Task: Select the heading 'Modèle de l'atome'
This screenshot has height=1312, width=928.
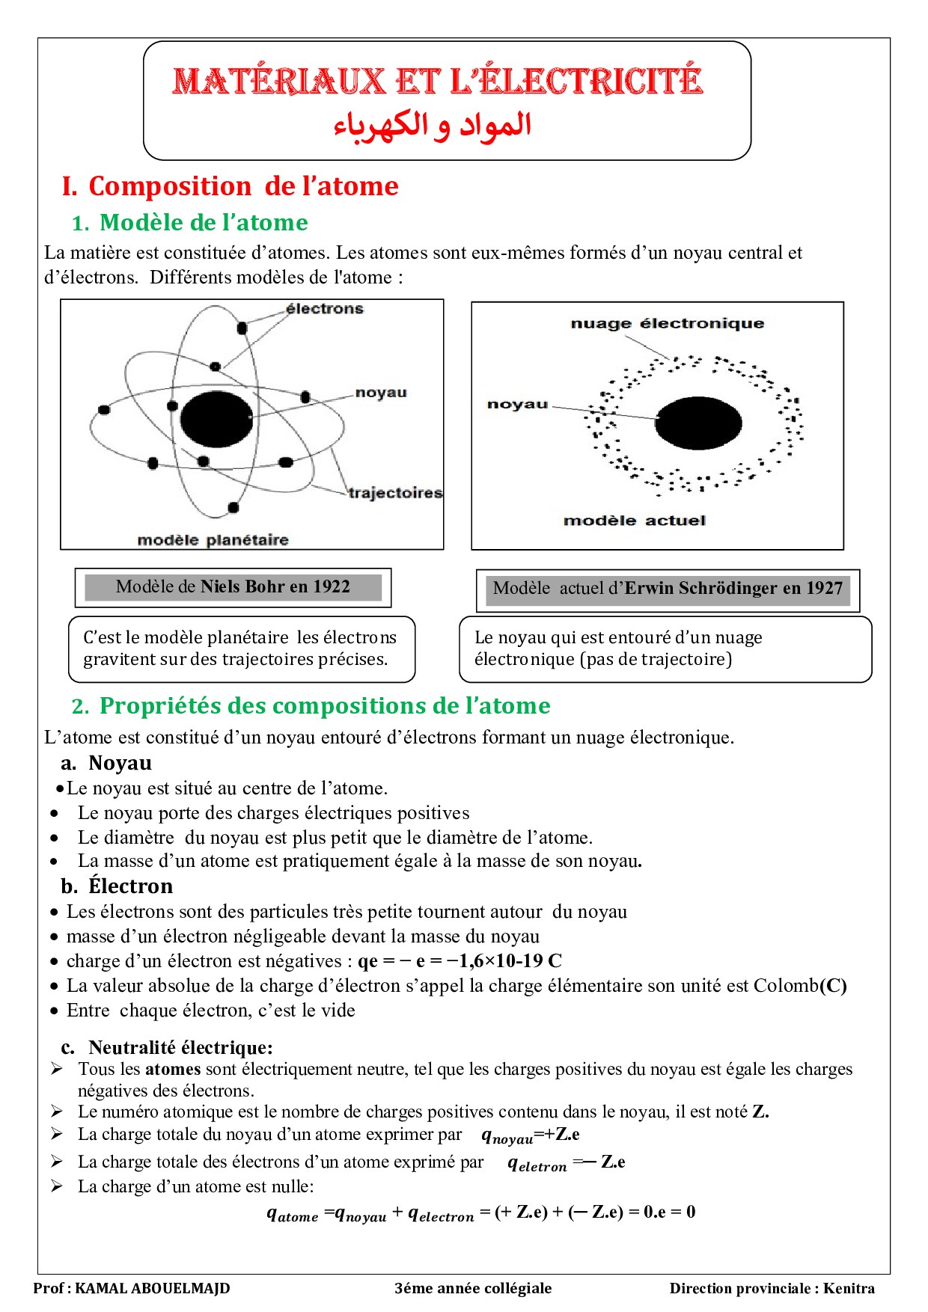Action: coord(204,223)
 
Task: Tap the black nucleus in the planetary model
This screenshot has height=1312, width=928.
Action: coord(216,419)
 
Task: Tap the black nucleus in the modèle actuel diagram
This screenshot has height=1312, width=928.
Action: coord(698,423)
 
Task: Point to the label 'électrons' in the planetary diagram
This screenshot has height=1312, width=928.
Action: coord(325,309)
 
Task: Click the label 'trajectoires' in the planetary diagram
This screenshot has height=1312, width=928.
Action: coord(395,493)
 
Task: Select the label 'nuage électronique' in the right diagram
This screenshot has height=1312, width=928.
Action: coord(668,324)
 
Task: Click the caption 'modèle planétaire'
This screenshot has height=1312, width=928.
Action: coord(213,540)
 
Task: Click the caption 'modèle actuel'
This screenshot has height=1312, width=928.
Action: coord(635,521)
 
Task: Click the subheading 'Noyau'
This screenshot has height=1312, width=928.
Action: coord(120,763)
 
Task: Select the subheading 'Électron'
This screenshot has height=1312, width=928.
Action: coord(130,886)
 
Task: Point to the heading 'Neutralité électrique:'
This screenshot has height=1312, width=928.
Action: coord(180,1047)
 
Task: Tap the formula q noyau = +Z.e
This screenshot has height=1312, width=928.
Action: coord(530,1135)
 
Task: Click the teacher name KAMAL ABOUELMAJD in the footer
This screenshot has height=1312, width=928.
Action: coord(153,1288)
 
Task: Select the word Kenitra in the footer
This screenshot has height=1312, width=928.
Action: coord(849,1288)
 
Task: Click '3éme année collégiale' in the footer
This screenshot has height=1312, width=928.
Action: coord(473,1288)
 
